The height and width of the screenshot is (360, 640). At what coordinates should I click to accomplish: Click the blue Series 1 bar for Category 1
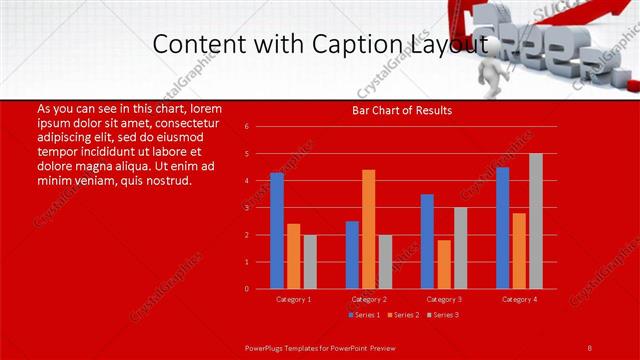coord(276,231)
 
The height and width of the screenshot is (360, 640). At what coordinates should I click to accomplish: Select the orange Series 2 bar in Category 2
coord(369,229)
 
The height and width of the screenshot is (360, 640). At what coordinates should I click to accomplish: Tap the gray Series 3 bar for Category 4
coord(536,221)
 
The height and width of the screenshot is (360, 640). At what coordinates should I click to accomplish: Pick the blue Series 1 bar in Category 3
coord(427,241)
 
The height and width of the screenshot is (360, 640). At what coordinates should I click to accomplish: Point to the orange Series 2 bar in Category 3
coord(444,264)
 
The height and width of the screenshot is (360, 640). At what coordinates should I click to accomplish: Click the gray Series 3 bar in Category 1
coord(310,262)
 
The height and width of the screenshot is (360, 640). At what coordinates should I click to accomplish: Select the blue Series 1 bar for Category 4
coord(502,228)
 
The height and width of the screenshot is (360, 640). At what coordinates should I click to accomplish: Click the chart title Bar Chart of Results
coord(402,110)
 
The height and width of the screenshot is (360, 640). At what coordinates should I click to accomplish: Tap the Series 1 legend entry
coord(364,315)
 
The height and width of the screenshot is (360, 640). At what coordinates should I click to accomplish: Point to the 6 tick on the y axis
coord(247,127)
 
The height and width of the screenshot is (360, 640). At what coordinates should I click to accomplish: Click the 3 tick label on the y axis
coord(247,208)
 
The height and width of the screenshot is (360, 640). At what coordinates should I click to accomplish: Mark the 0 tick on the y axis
coord(247,289)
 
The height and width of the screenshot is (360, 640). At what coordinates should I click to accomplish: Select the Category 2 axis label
coord(369,299)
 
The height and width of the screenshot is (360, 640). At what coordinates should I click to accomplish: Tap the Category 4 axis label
coord(519,299)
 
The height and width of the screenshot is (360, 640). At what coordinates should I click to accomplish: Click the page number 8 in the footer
coord(590,347)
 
